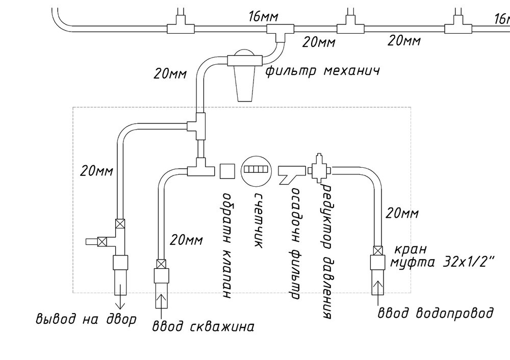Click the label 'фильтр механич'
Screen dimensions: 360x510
[323, 70]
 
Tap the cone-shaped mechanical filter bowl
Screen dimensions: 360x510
[246, 84]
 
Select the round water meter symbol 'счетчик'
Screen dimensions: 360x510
[254, 169]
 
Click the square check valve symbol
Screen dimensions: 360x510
[227, 170]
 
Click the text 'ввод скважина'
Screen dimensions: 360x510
[203, 326]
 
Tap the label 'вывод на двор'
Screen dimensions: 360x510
[86, 320]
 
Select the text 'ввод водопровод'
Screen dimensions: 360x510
[435, 312]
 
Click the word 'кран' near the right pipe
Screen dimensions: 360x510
[410, 250]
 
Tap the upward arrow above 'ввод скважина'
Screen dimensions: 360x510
[161, 301]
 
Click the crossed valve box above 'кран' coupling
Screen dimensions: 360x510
[378, 251]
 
